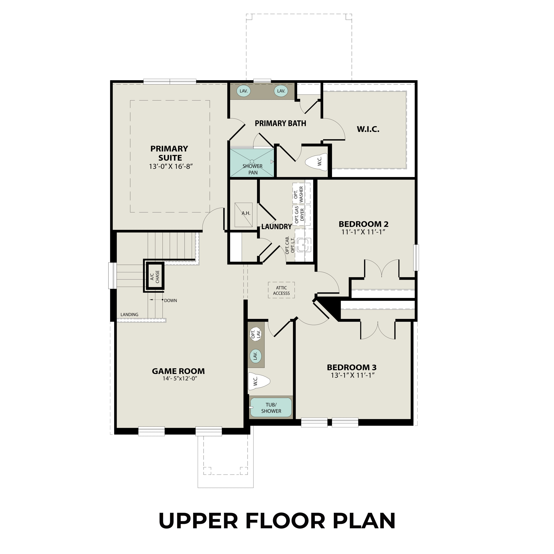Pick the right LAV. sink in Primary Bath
point(281,91)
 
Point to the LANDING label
point(129,315)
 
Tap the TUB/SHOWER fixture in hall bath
point(271,408)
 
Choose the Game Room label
point(178,371)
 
